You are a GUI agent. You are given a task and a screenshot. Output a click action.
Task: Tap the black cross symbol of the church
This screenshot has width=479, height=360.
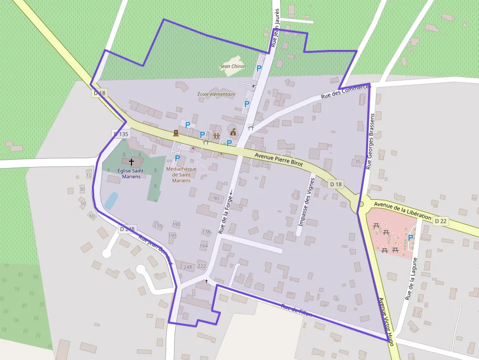coord(131,161)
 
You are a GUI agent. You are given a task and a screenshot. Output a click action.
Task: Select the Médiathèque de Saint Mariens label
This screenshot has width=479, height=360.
coord(181,174)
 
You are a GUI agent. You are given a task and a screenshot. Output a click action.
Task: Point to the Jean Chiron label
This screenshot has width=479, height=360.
coord(233,66)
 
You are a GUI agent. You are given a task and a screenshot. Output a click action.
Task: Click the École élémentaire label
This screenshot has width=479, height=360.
coord(217,94)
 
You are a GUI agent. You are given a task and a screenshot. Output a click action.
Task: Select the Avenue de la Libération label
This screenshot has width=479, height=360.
coord(402,211)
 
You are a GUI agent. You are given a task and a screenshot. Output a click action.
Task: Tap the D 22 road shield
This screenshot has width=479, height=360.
coord(440,221)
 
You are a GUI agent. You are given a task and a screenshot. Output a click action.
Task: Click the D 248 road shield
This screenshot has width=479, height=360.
coord(127,229)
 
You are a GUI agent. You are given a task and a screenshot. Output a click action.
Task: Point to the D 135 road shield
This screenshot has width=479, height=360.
coord(121,134)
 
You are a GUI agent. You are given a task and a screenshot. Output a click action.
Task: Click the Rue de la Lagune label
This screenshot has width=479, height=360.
coord(411,278)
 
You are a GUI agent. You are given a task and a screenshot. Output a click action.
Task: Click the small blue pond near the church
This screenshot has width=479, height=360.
coord(111,200)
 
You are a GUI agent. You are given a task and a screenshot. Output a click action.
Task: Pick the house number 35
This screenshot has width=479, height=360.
coord(358,161)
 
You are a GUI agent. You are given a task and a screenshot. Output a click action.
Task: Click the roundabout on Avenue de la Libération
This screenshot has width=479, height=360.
coord(360,204)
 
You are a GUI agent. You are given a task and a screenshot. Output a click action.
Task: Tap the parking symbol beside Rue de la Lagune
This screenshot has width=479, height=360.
coord(411,238)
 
